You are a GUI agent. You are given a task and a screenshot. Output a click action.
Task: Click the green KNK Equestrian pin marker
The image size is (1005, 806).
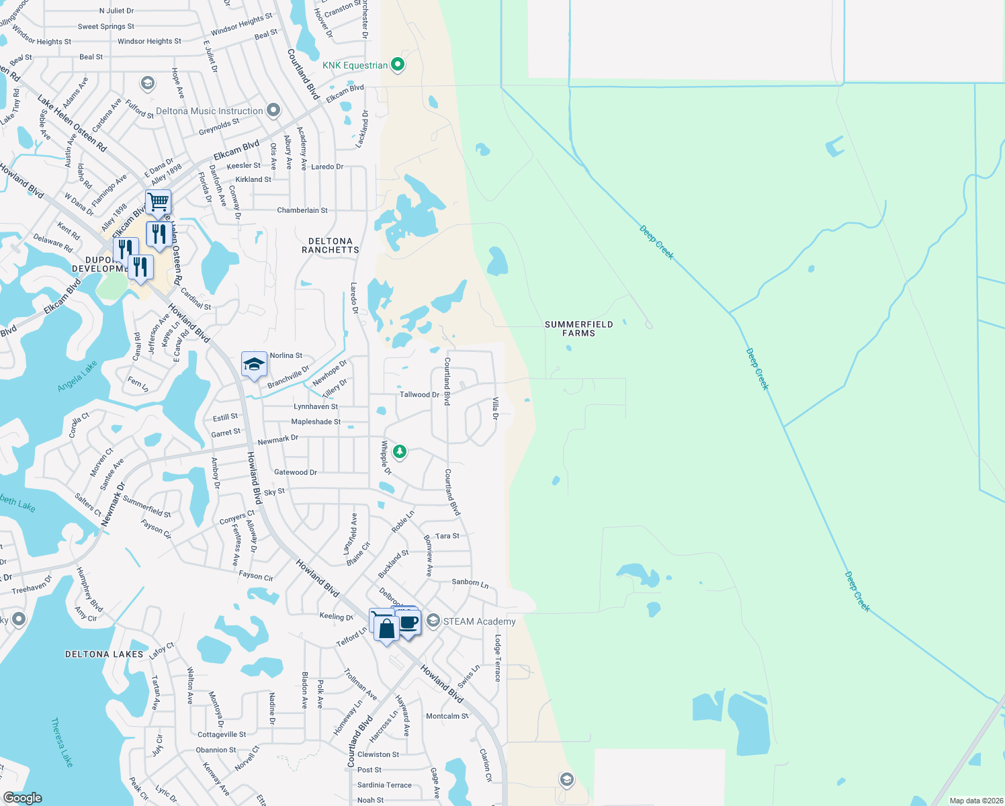pyautogui.click(x=398, y=64)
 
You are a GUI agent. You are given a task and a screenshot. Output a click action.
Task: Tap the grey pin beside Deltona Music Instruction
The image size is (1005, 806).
pyautogui.click(x=273, y=110)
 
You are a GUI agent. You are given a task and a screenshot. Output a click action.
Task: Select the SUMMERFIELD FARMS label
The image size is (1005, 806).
pyautogui.click(x=578, y=328)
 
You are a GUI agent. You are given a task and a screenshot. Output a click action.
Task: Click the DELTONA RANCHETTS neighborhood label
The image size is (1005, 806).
pyautogui.click(x=330, y=245)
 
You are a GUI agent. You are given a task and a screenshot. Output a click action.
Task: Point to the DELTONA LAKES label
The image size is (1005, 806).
pyautogui.click(x=104, y=654)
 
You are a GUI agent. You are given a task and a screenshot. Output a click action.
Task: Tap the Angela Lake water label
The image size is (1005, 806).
pyautogui.click(x=77, y=376)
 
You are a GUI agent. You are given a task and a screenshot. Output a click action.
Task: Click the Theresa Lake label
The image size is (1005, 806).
pyautogui.click(x=62, y=742)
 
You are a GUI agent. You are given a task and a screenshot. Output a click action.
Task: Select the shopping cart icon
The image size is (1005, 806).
pyautogui.click(x=158, y=201)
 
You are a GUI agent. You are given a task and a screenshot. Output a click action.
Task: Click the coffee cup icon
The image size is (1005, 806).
pyautogui.click(x=408, y=622)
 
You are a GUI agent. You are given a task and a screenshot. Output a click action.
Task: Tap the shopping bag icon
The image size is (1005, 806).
pyautogui.click(x=387, y=629)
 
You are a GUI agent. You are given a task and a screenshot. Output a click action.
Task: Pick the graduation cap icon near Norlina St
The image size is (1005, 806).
pyautogui.click(x=253, y=364)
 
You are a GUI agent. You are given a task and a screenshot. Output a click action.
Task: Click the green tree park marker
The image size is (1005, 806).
pyautogui.click(x=400, y=451)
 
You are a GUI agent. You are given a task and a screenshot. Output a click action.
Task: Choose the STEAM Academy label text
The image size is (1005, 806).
pyautogui.click(x=479, y=621)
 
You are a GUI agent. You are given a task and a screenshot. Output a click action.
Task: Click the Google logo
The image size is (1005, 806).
pyautogui.click(x=22, y=798)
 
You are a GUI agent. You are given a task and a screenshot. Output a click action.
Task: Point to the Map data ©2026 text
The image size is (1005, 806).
pyautogui.click(x=976, y=801)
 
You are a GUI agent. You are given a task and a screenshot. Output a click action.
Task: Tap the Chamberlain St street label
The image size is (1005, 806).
pyautogui.click(x=302, y=210)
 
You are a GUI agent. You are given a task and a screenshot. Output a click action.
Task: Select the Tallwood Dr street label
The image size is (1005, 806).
pyautogui.click(x=419, y=394)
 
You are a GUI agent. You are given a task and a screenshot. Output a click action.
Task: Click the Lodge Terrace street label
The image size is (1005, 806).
pyautogui.click(x=498, y=658)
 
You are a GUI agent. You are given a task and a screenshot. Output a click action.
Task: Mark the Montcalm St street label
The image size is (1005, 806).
pyautogui.click(x=447, y=716)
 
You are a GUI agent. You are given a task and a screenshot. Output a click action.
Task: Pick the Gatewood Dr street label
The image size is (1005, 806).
pyautogui.click(x=296, y=472)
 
